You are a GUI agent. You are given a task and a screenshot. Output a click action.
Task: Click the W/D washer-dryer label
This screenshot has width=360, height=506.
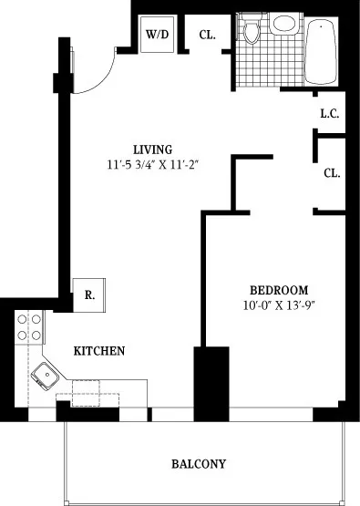pos(156,35)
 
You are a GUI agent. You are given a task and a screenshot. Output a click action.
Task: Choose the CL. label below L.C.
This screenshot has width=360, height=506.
pos(331,173)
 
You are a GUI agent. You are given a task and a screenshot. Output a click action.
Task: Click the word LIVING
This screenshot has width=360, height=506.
pos(152,150)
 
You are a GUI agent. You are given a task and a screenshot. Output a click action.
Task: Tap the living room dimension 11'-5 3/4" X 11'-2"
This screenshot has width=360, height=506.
pos(152,165)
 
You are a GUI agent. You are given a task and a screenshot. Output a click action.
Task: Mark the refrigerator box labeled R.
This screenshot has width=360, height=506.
pos(89,294)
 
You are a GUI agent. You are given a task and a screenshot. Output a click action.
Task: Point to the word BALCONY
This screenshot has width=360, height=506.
pos(199,464)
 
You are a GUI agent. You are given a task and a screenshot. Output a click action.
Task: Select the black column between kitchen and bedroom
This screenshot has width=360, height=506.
pos(211,383)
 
